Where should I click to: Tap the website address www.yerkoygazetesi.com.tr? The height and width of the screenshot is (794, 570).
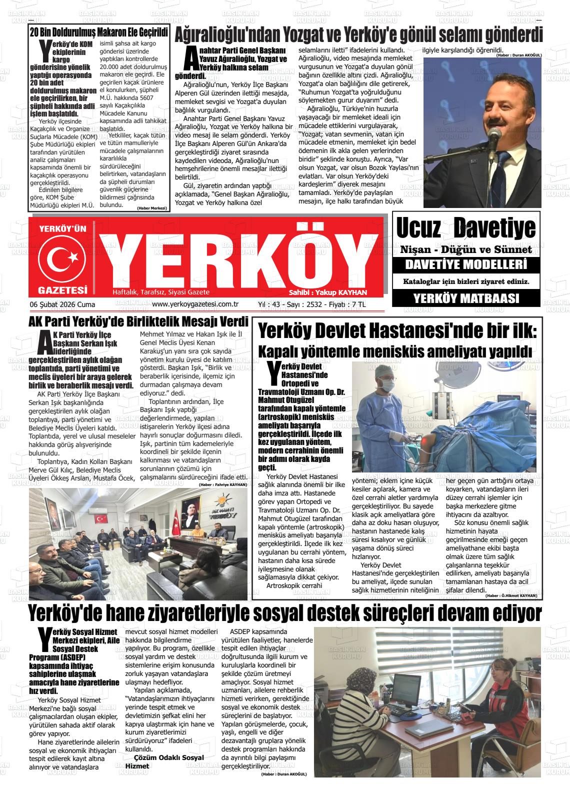195,304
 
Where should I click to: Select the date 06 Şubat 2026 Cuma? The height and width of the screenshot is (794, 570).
62,304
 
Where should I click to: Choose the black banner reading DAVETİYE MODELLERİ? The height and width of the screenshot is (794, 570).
466,264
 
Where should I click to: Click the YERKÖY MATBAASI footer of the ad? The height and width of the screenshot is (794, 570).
466,298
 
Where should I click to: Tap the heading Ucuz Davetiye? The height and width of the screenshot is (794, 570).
466,228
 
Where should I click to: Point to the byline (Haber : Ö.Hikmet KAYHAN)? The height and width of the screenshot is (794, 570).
511,595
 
